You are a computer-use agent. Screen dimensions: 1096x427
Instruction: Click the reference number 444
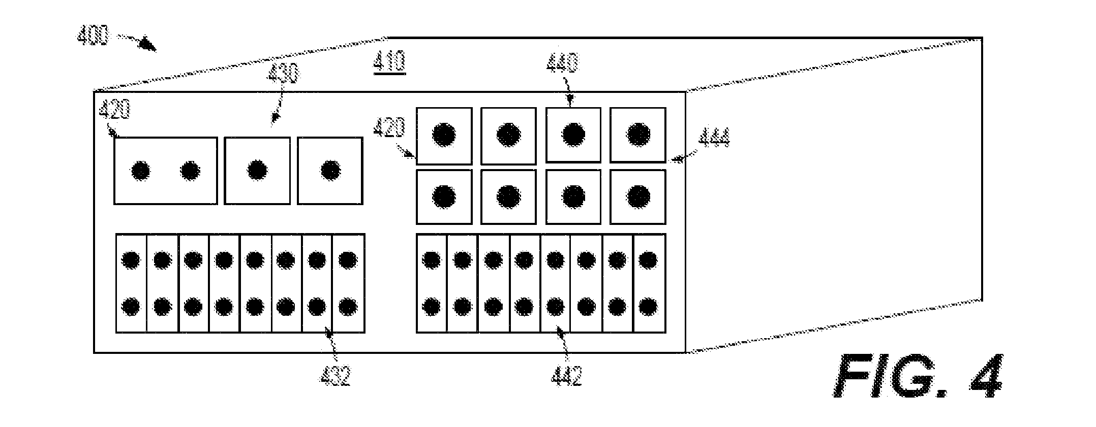tap(714, 137)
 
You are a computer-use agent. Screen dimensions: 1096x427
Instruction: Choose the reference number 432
tap(336, 376)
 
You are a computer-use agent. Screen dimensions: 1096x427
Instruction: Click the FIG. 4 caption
tap(918, 376)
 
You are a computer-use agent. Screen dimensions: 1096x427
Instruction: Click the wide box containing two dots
tap(165, 171)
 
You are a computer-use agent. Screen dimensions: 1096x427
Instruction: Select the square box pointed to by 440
tap(573, 135)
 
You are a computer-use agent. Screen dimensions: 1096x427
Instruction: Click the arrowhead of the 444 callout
tap(674, 160)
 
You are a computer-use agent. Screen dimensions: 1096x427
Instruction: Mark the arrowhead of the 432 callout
tap(329, 333)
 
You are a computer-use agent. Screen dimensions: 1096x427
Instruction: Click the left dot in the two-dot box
tap(140, 171)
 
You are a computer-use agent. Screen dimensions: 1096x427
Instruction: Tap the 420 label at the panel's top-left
tap(115, 110)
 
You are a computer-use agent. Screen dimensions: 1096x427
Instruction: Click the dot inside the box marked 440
tap(574, 135)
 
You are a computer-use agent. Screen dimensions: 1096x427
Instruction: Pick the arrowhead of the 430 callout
tap(275, 118)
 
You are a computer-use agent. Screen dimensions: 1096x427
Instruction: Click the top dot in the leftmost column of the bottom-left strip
tap(131, 260)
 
